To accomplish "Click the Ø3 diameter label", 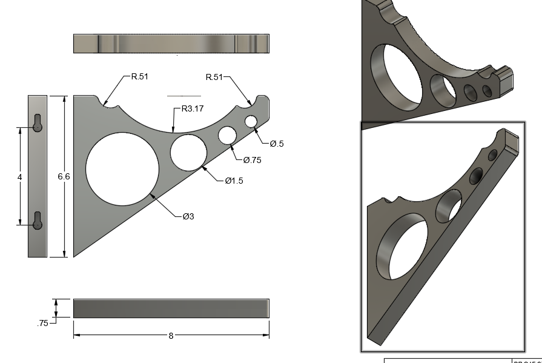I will (x=188, y=216).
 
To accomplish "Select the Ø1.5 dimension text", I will (x=234, y=181).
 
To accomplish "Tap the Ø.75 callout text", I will (x=253, y=160).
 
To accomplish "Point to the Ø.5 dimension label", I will (x=277, y=144).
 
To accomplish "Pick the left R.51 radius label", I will (x=139, y=77).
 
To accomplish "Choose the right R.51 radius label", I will (x=214, y=77).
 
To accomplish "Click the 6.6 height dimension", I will (x=64, y=176).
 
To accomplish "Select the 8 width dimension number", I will (x=171, y=336).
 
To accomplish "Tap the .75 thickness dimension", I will (x=42, y=324).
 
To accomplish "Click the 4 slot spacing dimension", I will (x=20, y=176).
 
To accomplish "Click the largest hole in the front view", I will (x=122, y=169).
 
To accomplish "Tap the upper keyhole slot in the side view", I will (x=38, y=123).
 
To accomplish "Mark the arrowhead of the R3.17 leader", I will (x=174, y=132).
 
